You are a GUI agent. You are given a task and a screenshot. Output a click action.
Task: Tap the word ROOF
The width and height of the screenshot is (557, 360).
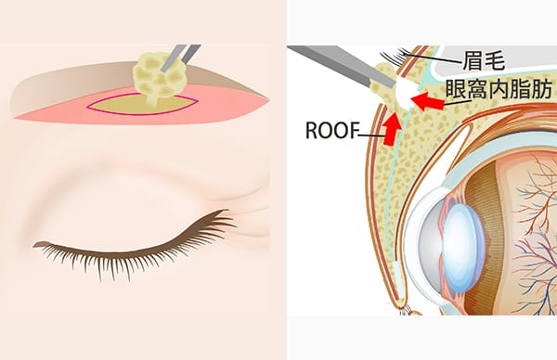pyautogui.click(x=333, y=130)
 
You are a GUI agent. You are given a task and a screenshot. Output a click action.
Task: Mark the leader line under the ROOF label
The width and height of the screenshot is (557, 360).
pyautogui.click(x=372, y=139)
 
